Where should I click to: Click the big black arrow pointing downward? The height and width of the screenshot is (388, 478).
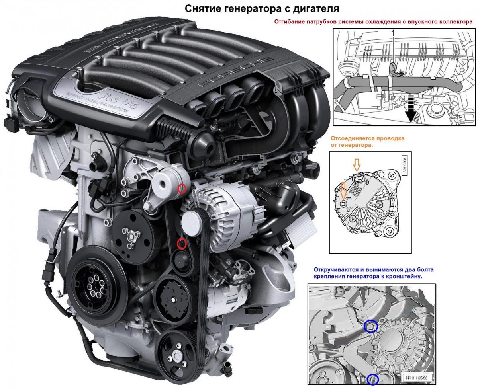pyautogui.click(x=411, y=108)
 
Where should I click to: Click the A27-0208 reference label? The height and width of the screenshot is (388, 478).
pyautogui.click(x=404, y=164)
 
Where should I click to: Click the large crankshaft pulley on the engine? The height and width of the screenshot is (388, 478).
pyautogui.click(x=97, y=286)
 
